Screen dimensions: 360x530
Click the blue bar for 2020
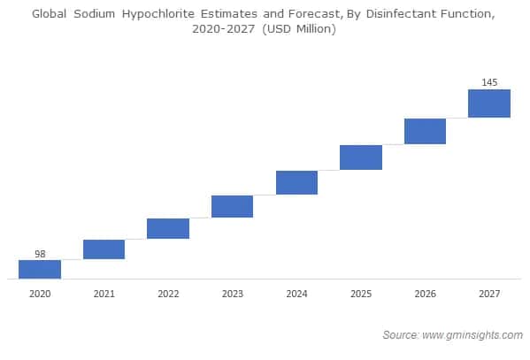[40, 269]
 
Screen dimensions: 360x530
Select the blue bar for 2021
[104, 249]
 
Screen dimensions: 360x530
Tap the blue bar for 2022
[168, 228]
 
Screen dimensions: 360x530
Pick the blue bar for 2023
[232, 206]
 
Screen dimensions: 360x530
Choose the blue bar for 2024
[296, 182]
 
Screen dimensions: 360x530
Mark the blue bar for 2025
[361, 157]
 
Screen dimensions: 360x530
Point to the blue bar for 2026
[425, 131]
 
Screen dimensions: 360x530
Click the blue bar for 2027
[489, 103]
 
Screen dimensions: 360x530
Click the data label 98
[40, 254]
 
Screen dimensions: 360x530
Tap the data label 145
[489, 82]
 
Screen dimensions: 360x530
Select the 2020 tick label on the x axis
[40, 293]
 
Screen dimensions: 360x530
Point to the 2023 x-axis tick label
[232, 293]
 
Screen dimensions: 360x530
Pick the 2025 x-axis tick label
[361, 293]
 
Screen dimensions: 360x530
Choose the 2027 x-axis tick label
[489, 293]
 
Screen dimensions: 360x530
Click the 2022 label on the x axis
[168, 293]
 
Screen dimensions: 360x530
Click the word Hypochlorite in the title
[161, 13]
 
